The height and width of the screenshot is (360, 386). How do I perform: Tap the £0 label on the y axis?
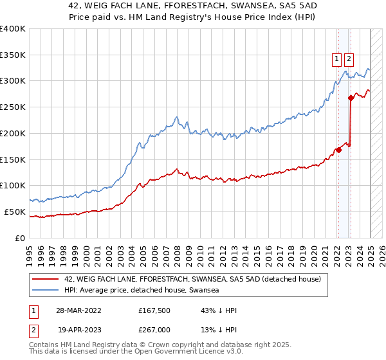21,238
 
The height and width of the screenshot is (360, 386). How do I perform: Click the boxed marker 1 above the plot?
336,59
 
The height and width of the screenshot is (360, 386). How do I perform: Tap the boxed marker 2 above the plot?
349,59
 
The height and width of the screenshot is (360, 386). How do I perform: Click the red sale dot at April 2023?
351,98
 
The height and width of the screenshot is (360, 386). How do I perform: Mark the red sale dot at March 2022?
338,150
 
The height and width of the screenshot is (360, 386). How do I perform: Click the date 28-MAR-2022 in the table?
79,310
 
